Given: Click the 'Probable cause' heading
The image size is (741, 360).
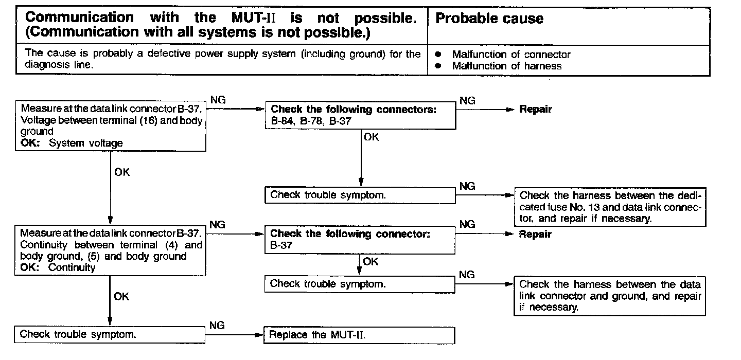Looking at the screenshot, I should click(489, 19).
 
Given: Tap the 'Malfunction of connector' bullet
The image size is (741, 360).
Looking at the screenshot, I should click(511, 55).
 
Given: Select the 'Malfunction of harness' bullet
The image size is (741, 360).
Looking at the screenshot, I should click(506, 66).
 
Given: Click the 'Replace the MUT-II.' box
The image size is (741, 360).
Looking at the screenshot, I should click(359, 335).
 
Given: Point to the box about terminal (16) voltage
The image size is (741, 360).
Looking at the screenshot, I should click(111, 126).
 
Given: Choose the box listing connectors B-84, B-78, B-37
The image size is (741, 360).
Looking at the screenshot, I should click(360, 116).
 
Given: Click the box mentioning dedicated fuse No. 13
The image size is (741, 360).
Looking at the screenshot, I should click(610, 207).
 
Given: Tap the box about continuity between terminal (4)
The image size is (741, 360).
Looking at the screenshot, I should click(111, 250).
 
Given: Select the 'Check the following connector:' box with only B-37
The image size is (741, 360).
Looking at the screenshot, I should click(360, 240).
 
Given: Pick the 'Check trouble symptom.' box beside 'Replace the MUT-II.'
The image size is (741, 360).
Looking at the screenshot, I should click(111, 334).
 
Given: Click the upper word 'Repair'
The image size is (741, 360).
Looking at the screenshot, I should click(535, 110).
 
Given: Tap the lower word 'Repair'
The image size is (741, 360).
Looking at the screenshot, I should click(535, 235).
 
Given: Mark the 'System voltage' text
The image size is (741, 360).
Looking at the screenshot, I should click(86, 143).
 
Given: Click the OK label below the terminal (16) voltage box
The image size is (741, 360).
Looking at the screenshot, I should click(122, 172).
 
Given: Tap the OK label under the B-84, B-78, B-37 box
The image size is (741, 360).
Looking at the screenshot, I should click(371, 137).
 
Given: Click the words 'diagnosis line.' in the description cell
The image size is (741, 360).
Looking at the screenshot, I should click(59, 65).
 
